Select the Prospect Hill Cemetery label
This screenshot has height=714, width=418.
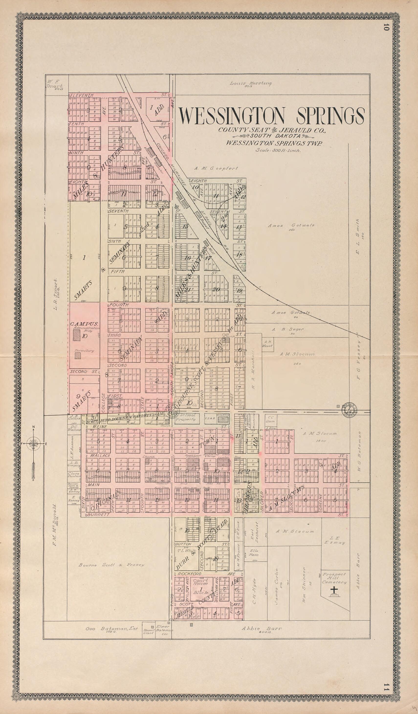334,578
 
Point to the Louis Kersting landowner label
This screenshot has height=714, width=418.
251,83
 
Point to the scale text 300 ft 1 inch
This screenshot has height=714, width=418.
278,150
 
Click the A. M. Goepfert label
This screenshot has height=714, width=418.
216,168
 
